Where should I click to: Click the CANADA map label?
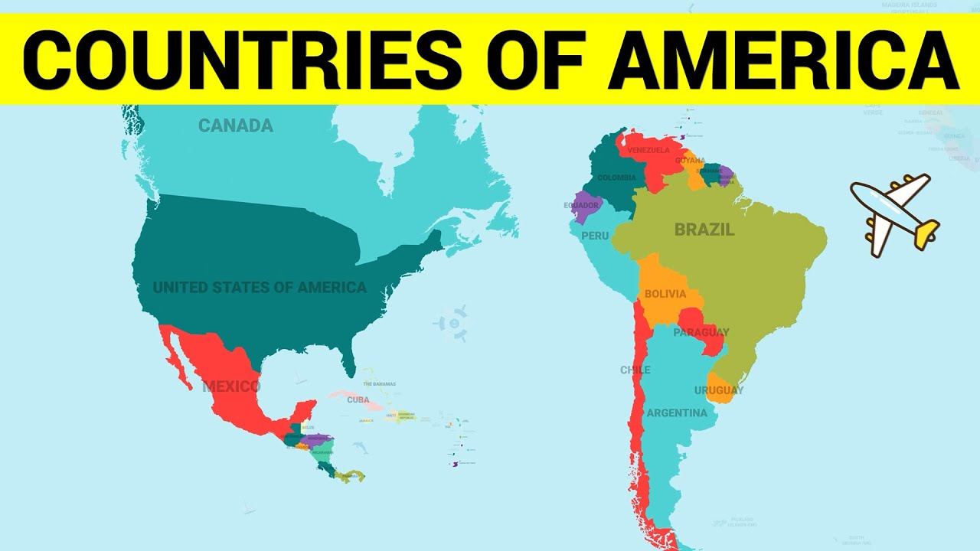(x=235, y=126)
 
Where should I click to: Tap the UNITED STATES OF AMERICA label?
(x=260, y=288)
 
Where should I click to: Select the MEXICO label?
(x=231, y=386)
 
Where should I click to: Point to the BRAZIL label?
(x=704, y=230)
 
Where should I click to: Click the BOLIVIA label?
(x=665, y=294)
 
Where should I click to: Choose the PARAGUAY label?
(x=701, y=332)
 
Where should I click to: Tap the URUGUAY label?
(x=718, y=390)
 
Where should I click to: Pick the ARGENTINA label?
(x=677, y=413)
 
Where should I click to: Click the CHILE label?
(x=635, y=370)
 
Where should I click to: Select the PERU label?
(x=595, y=236)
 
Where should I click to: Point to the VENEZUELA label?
(x=648, y=150)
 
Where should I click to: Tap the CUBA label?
(x=358, y=399)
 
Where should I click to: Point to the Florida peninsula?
(x=348, y=360)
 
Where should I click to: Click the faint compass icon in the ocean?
(x=453, y=323)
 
